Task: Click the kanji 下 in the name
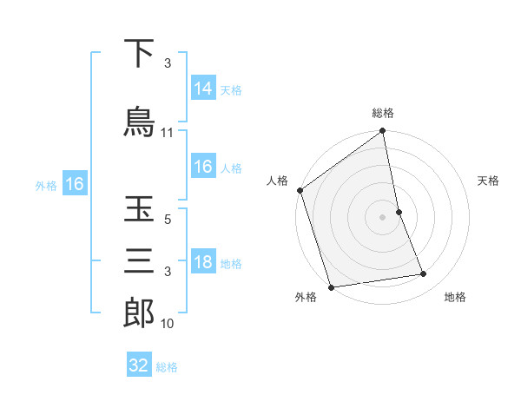coord(139,55)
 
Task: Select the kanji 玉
coord(139,211)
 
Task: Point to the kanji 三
coord(139,261)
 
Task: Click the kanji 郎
coord(139,313)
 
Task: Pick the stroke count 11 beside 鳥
coord(168,133)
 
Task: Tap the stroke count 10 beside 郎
coord(168,324)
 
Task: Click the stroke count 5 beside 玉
coord(168,220)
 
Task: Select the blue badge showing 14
coord(203,89)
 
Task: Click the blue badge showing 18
coord(203,263)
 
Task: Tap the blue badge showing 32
coord(139,365)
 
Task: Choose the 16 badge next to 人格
coord(203,167)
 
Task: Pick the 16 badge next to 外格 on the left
coord(74,184)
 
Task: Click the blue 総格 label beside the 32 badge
coord(167,367)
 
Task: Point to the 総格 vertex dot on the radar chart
coord(382,132)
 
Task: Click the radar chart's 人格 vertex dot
coord(300,190)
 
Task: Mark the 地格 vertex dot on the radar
coord(424,274)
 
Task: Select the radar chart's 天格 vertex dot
coord(399,212)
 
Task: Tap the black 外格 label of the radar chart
coord(306,298)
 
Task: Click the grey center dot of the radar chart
coord(382,217)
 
